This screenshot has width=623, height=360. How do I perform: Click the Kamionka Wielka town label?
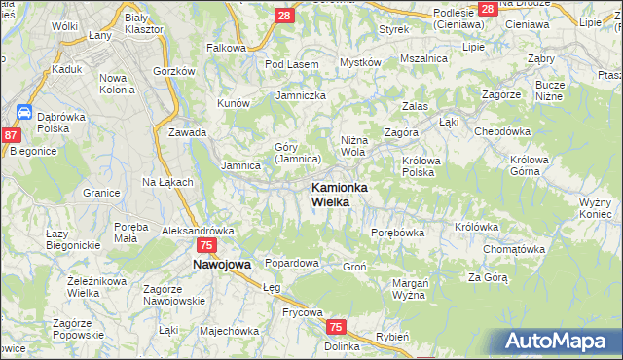tap(338, 194)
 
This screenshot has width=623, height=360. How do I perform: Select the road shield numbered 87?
tap(12, 136)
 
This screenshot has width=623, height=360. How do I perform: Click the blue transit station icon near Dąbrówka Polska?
tap(25, 113)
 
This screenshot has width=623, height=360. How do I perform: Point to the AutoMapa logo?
tap(558, 342)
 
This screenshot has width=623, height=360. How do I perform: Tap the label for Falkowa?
tap(227, 47)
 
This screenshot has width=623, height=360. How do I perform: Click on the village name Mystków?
tap(359, 62)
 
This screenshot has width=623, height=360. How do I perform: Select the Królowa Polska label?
tap(418, 165)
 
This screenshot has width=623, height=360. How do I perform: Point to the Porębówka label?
tap(398, 233)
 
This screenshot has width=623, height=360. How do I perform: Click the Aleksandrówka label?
tap(199, 231)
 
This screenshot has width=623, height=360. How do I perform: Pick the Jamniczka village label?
tap(301, 95)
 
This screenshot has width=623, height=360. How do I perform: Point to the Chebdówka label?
tap(501, 130)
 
